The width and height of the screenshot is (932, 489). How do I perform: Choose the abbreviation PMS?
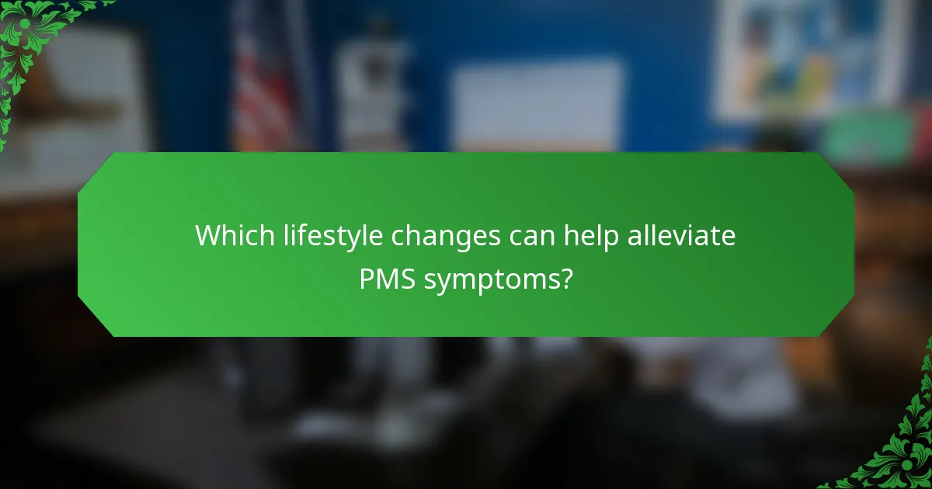(x=388, y=279)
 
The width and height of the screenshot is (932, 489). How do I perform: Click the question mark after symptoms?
(x=567, y=279)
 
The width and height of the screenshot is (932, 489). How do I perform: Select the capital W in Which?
(x=208, y=235)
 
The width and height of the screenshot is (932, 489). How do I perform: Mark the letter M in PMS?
(x=388, y=279)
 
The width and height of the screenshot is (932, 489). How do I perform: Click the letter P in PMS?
(x=367, y=279)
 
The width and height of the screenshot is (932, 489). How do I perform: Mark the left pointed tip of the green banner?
(x=79, y=244)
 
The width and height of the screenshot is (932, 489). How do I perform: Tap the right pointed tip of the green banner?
(x=853, y=244)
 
